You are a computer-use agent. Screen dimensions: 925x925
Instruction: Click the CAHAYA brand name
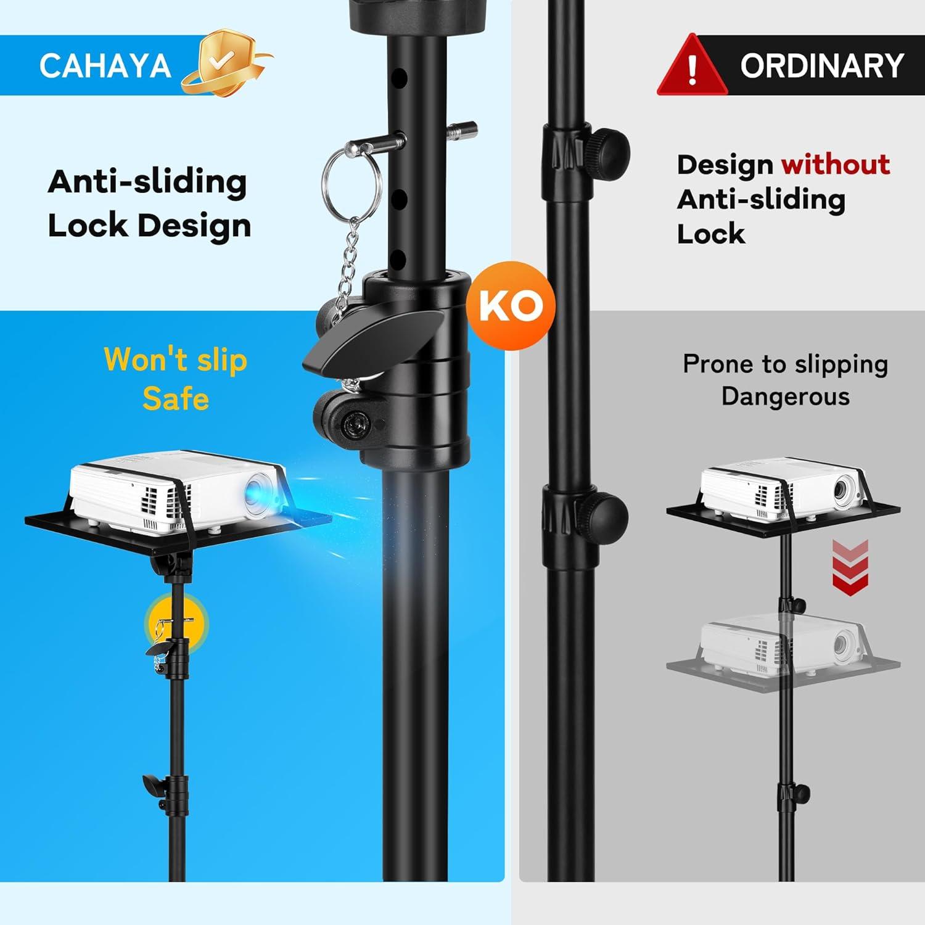(105, 66)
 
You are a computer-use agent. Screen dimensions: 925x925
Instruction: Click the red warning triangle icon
(692, 65)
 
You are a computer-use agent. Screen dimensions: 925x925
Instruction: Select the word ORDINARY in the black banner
(821, 65)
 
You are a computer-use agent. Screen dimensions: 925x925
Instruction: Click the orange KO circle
(510, 306)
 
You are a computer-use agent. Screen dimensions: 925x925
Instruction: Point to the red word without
(836, 165)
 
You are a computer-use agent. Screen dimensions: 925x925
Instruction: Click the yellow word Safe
(176, 398)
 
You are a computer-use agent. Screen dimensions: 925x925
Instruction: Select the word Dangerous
(786, 397)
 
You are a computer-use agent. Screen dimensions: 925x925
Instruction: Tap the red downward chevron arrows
(850, 567)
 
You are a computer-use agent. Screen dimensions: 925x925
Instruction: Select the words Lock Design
(149, 226)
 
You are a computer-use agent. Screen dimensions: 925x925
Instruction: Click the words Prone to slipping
(786, 364)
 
